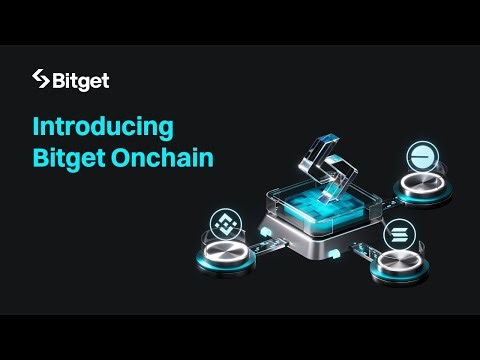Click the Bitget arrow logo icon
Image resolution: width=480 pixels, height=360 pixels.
click(x=41, y=78)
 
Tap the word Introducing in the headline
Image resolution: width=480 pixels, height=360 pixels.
click(x=103, y=128)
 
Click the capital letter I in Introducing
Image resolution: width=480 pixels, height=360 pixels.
click(x=36, y=128)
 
